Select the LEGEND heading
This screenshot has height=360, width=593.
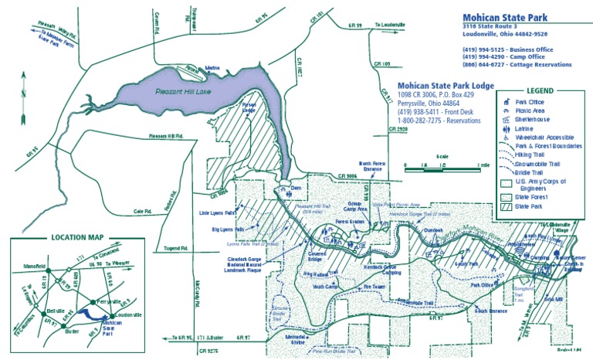coord(540,90)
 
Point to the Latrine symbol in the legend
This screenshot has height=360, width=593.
coord(506,127)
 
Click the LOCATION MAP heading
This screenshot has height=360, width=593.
coord(78,238)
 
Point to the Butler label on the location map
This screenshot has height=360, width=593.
coord(73,330)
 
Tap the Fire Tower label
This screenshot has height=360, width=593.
coord(374,287)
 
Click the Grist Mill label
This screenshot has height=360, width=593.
coord(554,297)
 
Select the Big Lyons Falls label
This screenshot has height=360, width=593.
coord(228,229)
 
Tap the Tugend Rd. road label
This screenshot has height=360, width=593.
coord(176,249)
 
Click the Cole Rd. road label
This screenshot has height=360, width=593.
coord(143,211)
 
